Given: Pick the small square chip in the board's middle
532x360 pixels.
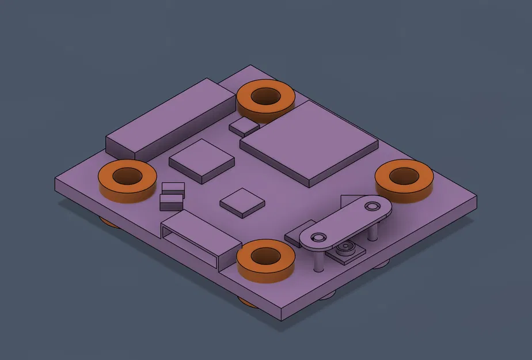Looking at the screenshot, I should coord(242,202).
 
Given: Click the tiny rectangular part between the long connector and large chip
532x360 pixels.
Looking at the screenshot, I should coord(244,126).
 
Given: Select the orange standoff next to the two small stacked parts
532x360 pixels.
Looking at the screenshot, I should coord(127,180).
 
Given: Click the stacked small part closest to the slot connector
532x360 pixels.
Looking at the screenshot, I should coord(170,200).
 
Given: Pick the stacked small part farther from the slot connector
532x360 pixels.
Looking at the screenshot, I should coord(173,188).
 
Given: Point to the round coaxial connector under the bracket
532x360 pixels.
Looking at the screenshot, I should coord(345,250).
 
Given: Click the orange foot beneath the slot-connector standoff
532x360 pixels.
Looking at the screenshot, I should coord(248,301).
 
